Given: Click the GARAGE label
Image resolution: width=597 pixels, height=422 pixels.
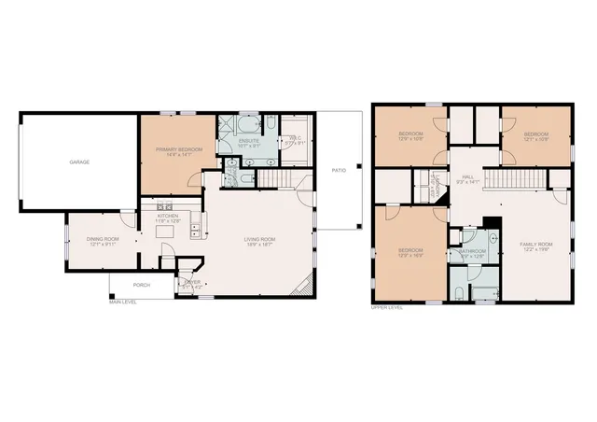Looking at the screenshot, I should (79, 162).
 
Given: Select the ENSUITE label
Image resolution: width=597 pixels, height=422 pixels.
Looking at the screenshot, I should (248, 141).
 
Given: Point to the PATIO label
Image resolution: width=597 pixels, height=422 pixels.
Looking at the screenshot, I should (339, 170).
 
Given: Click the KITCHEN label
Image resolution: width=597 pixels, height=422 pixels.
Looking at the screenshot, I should (168, 216).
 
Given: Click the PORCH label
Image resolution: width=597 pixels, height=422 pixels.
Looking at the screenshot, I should (142, 285).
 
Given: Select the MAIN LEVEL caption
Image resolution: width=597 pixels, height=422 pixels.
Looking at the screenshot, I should (123, 302).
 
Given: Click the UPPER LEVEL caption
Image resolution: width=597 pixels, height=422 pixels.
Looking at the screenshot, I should (386, 306).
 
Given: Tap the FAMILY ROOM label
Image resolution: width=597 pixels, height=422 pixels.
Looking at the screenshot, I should (536, 245).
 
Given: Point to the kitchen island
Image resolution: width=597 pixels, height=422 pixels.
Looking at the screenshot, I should (168, 230).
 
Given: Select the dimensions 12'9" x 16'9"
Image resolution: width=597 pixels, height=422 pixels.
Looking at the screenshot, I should (411, 256).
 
